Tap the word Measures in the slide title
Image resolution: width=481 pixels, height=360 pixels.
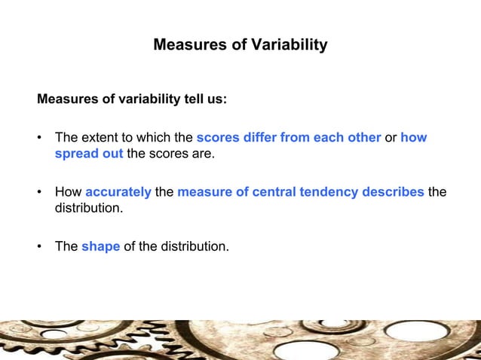click(183, 45)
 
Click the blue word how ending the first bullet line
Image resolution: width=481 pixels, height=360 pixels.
click(414, 138)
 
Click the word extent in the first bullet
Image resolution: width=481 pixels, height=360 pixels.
click(100, 138)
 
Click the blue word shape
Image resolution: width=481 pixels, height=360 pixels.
click(100, 245)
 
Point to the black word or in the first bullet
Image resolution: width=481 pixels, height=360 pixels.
click(391, 138)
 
